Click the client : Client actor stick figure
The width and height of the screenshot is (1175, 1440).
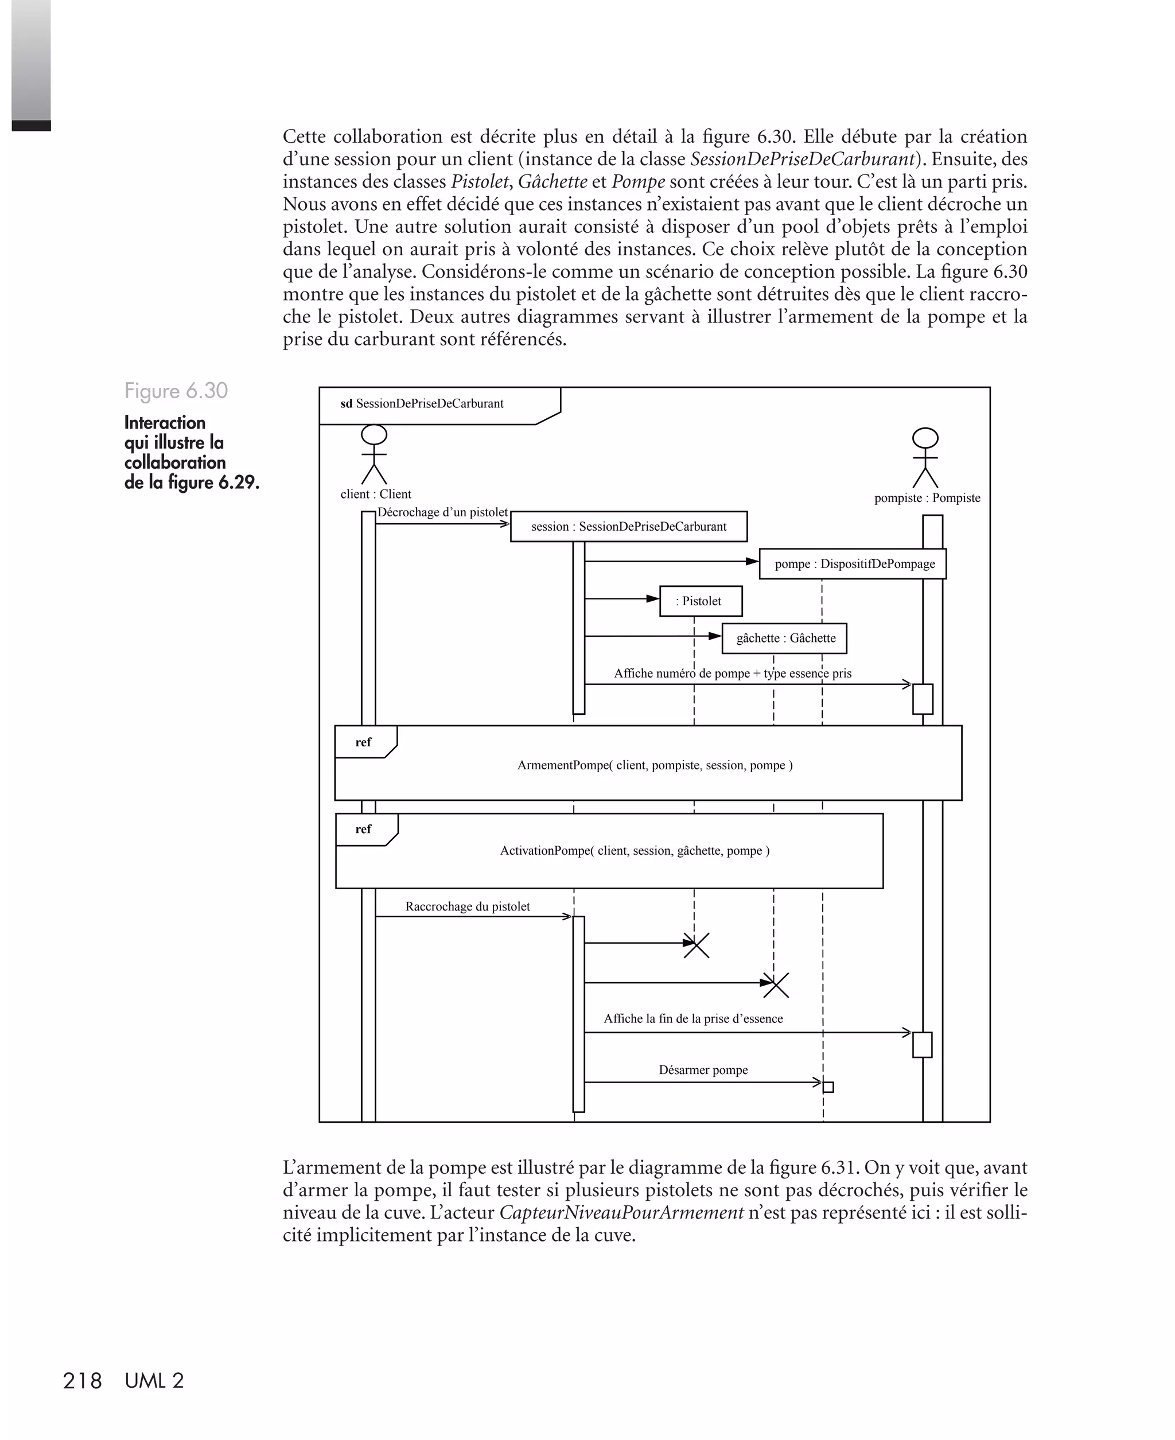pyautogui.click(x=374, y=455)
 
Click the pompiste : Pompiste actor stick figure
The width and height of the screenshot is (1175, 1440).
pyautogui.click(x=925, y=458)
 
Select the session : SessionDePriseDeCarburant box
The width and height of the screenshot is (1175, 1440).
pyautogui.click(x=629, y=527)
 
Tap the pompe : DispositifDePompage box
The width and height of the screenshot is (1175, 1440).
pyautogui.click(x=853, y=564)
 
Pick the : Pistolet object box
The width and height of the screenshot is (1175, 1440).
pyautogui.click(x=701, y=601)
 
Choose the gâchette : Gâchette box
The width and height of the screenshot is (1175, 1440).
pyautogui.click(x=784, y=638)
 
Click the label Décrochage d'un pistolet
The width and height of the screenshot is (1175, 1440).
pyautogui.click(x=443, y=512)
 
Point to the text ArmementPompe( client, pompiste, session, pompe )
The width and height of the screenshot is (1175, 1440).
pyautogui.click(x=655, y=765)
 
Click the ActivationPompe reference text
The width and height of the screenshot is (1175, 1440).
pyautogui.click(x=634, y=851)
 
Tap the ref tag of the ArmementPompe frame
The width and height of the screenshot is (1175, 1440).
pyautogui.click(x=364, y=742)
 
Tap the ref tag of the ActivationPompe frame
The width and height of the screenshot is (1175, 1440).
pyautogui.click(x=364, y=829)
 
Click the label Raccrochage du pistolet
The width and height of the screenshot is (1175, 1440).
pyautogui.click(x=468, y=907)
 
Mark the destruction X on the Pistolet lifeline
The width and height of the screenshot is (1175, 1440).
pyautogui.click(x=697, y=945)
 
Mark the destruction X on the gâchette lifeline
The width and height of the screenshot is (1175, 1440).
pyautogui.click(x=776, y=984)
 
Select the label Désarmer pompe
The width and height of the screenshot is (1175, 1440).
pyautogui.click(x=703, y=1070)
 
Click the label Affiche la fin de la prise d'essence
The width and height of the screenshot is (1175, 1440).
pyautogui.click(x=693, y=1019)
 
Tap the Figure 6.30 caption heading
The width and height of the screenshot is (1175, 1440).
pyautogui.click(x=176, y=391)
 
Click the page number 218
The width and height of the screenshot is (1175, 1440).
pyautogui.click(x=82, y=1381)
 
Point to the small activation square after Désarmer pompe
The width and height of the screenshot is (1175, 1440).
pyautogui.click(x=828, y=1087)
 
